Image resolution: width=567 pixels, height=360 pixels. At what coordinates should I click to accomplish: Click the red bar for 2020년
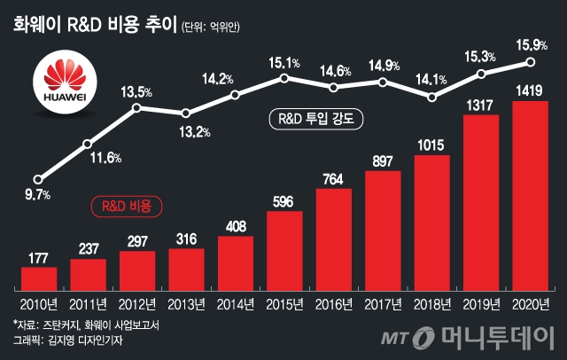(x=530, y=196)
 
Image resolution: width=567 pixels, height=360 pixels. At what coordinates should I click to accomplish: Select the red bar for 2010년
(x=38, y=279)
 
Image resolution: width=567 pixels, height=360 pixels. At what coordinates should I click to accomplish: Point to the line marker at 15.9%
(x=530, y=61)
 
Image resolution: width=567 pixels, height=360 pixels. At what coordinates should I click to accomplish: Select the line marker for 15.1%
(x=284, y=78)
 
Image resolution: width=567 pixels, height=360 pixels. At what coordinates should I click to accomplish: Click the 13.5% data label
(x=136, y=90)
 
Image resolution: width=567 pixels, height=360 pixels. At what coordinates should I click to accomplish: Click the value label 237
(x=87, y=247)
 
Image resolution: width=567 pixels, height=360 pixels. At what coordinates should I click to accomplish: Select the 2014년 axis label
(x=235, y=305)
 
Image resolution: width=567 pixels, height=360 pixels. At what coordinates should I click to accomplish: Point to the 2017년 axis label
(x=383, y=305)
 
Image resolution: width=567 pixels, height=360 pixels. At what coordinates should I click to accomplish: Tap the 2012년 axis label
(x=136, y=305)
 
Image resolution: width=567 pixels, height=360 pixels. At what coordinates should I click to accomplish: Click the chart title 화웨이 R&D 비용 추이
(x=94, y=24)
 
